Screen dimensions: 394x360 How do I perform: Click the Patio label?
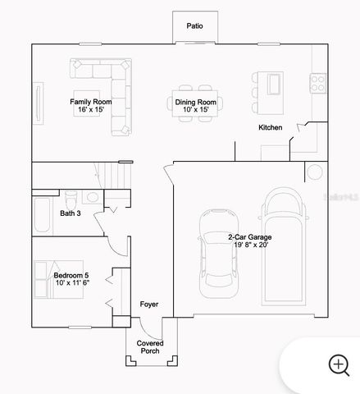click(194, 26)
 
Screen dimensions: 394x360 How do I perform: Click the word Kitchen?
click(271, 127)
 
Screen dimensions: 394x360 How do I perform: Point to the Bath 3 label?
click(71, 213)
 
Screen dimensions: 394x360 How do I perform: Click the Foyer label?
click(148, 305)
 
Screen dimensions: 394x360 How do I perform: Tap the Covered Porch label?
click(148, 347)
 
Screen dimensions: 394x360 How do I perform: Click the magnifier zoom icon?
click(339, 364)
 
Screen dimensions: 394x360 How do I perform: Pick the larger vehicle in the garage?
click(283, 246)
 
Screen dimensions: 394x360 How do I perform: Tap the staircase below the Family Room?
click(116, 176)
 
